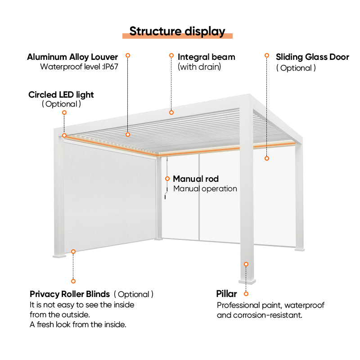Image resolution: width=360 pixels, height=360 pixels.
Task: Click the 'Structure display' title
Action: [x=177, y=31]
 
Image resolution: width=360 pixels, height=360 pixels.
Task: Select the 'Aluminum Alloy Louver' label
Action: [x=72, y=57]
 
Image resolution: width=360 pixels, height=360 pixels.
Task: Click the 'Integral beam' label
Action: [x=207, y=57]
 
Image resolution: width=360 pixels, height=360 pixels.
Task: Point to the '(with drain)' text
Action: [x=199, y=67]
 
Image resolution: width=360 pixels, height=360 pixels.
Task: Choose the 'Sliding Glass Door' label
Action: [x=312, y=57]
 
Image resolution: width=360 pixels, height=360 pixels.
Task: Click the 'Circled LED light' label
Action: [x=61, y=94]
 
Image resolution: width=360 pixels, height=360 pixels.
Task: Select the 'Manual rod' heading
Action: [x=196, y=179]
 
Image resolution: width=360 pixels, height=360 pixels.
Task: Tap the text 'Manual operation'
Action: [x=205, y=189]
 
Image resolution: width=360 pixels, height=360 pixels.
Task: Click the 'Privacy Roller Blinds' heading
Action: [x=70, y=294]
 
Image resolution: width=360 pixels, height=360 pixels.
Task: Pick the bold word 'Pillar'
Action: [x=226, y=294]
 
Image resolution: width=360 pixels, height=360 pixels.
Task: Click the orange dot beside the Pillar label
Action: [x=246, y=294]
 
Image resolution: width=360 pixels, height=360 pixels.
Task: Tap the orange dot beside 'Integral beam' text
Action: [x=171, y=55]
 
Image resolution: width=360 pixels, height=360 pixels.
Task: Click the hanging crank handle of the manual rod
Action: [x=166, y=196]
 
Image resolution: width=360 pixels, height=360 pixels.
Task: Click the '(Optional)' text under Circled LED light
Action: [x=61, y=104]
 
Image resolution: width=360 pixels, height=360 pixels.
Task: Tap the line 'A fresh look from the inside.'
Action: [x=78, y=324]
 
